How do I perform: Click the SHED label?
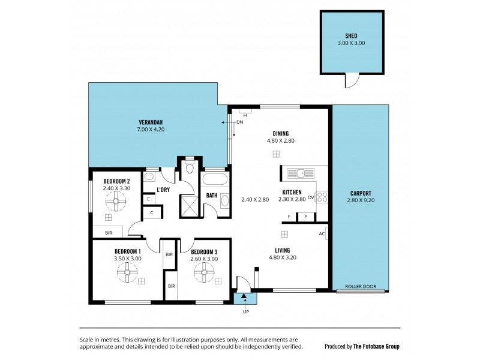(x=351, y=35)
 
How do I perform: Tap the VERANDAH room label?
(x=151, y=121)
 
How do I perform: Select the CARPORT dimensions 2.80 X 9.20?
(x=361, y=200)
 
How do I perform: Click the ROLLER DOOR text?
(x=361, y=287)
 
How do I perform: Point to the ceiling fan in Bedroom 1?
(x=127, y=274)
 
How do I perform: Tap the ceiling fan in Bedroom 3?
(x=203, y=274)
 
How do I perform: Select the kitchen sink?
(x=299, y=173)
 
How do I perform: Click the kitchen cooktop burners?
(x=322, y=196)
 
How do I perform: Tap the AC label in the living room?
(x=322, y=233)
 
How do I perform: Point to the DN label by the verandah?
(x=239, y=122)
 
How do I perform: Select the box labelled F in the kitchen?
(x=289, y=217)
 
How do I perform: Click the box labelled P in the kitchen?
(x=305, y=217)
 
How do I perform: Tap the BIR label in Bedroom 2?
(x=108, y=232)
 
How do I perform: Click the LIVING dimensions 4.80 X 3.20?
(x=282, y=258)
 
